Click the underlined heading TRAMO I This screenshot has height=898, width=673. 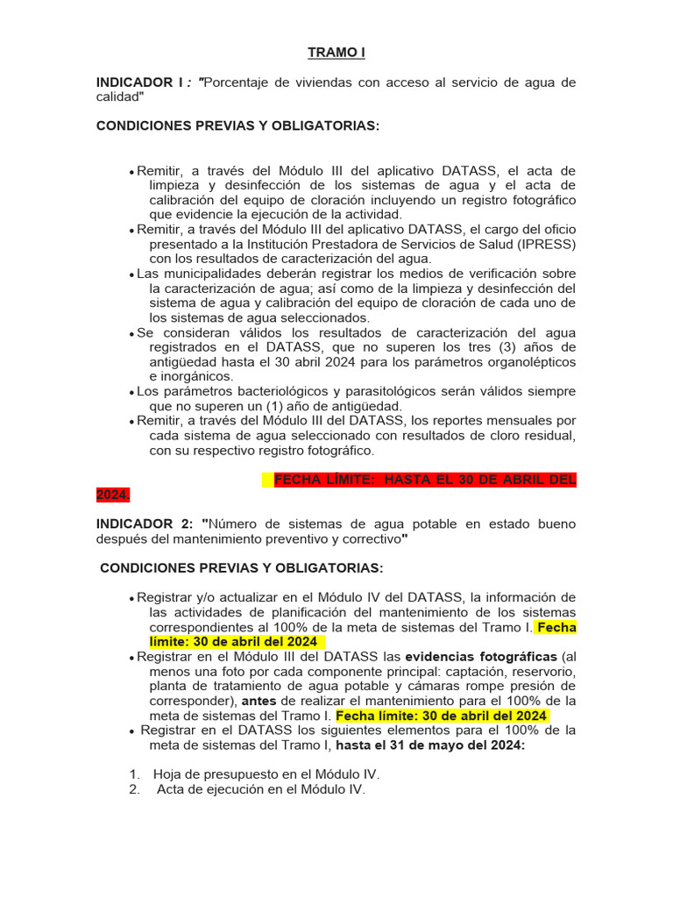[336, 53]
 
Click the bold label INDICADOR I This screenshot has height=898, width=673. [140, 82]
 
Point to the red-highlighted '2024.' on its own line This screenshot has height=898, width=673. [113, 495]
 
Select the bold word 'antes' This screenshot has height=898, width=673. [259, 701]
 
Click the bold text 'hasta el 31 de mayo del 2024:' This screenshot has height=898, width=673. [430, 745]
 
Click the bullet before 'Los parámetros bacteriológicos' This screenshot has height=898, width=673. [131, 392]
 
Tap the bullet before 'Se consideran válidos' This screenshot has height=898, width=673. [131, 333]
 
